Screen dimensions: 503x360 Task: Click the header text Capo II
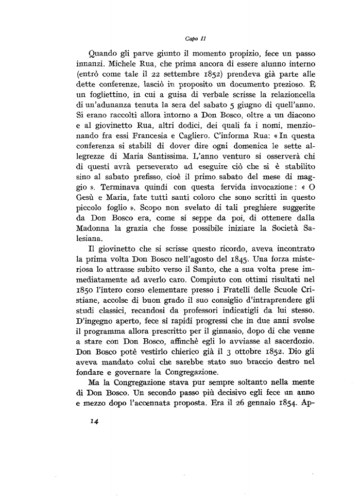tap(193, 38)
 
